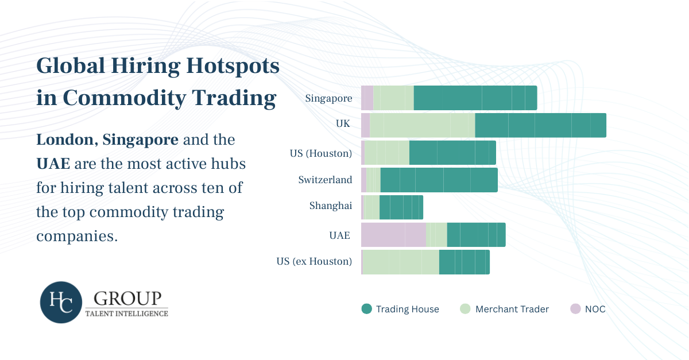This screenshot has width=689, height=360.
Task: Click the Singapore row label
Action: [x=328, y=98]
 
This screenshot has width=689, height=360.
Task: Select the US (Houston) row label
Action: [x=321, y=153]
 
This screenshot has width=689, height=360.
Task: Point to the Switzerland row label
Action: [x=325, y=180]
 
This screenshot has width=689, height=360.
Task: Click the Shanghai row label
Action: [x=330, y=206]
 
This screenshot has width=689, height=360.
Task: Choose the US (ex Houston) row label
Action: [x=314, y=261]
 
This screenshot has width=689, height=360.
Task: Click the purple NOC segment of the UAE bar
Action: [x=393, y=235]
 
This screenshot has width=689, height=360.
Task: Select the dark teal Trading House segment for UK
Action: [x=540, y=125]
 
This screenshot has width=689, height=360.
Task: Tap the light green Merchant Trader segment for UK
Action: [x=422, y=125]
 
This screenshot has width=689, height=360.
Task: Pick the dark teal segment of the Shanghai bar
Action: [x=401, y=207]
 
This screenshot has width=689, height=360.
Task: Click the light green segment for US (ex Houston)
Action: [x=401, y=262]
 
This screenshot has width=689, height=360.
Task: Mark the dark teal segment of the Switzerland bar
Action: [x=439, y=180]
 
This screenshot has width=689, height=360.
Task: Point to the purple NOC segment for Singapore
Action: [x=367, y=98]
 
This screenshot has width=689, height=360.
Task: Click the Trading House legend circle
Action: [x=367, y=309]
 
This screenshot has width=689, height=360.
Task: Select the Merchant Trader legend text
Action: [x=512, y=309]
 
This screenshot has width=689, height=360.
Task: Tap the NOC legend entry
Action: [x=595, y=309]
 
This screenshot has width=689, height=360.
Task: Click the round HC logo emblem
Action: [x=61, y=302]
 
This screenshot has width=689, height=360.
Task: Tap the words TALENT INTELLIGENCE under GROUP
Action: [x=126, y=313]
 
